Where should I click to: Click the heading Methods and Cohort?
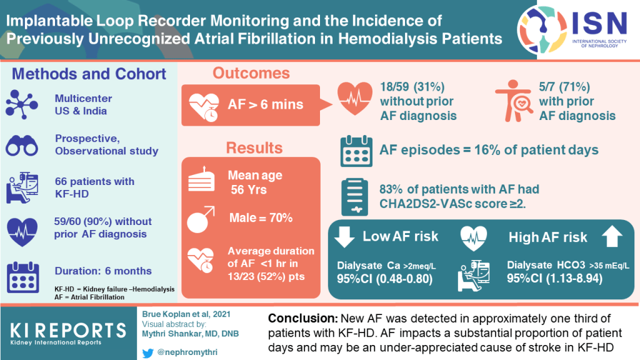point(89,73)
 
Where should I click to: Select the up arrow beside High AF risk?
point(612,237)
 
